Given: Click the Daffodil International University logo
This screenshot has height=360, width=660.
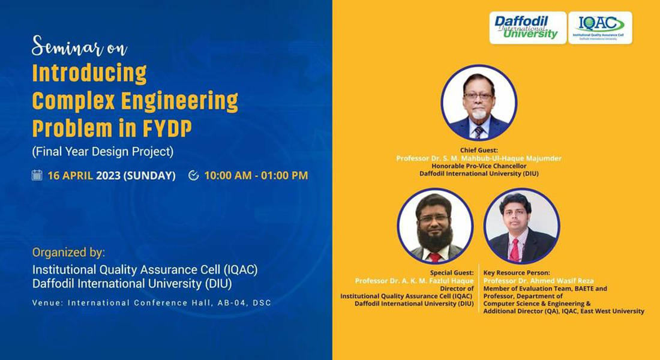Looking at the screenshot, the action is tap(527, 28).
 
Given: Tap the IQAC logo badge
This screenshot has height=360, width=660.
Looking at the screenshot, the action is tap(600, 28).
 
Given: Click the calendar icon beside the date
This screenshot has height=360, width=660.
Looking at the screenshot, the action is tap(37, 175).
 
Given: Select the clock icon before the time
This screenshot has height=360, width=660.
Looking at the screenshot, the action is tap(194, 175).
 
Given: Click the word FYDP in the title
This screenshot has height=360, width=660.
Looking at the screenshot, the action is tap(167, 128).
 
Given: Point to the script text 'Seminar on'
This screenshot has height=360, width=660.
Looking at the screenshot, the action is tap(80, 46).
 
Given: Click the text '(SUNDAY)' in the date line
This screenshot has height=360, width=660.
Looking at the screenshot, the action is tap(149, 176).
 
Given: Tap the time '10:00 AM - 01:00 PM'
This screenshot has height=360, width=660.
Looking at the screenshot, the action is tap(256, 176).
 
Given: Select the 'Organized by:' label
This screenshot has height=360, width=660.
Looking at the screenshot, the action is tap(68, 253).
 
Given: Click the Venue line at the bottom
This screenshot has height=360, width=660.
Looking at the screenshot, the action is tap(152, 303).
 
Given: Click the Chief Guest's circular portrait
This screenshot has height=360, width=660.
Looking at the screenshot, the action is tap(479, 103).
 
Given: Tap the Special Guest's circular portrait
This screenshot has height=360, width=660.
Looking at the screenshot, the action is tap(435, 226).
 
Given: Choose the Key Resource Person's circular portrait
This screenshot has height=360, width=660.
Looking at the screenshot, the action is tap(522, 226).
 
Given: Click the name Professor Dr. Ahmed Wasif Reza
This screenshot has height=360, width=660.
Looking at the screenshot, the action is tap(538, 281).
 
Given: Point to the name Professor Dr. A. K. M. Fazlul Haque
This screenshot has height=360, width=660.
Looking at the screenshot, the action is tap(414, 281).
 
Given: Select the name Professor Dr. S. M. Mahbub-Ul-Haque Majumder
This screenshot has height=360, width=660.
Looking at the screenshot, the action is tap(479, 158).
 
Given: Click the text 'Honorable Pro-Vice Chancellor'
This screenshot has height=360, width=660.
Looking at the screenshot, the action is tap(479, 166).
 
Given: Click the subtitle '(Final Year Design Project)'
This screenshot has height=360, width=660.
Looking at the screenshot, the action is tap(103, 151).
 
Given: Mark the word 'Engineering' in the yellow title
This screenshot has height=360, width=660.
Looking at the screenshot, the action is tap(179, 102).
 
